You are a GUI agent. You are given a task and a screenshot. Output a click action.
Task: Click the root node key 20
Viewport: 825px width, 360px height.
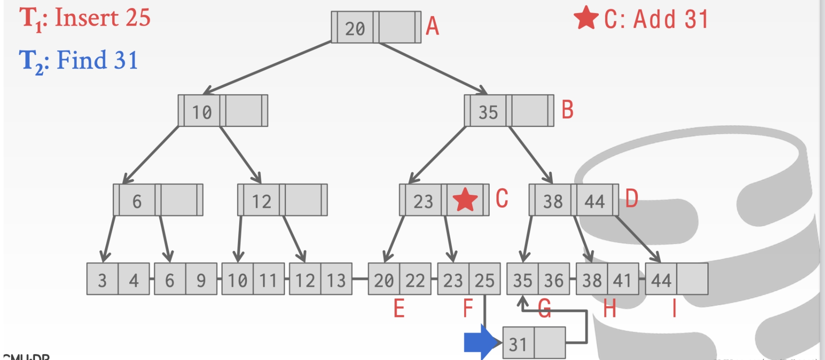pos(355,28)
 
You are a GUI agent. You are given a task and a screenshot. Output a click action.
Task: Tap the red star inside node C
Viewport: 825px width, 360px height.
pos(465,200)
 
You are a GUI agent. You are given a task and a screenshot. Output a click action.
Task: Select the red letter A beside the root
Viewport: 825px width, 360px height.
pos(432,26)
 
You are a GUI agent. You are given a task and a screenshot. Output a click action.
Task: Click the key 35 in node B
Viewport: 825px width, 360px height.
pos(488,112)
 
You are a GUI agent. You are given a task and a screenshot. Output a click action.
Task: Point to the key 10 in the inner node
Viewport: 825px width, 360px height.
pos(202,112)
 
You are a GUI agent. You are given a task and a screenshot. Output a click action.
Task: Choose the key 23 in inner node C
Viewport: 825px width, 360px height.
pos(423,201)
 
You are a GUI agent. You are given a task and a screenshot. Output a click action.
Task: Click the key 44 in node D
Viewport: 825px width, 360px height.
pos(594,201)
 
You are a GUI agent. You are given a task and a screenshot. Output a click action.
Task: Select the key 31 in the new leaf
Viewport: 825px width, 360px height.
pos(518,344)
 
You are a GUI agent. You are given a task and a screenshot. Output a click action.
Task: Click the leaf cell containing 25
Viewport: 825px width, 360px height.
pos(485,280)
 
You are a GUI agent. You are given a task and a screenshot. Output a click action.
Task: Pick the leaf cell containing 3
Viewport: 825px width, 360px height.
pos(102,280)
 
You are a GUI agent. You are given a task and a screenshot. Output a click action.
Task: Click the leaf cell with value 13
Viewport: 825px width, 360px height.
pos(336,280)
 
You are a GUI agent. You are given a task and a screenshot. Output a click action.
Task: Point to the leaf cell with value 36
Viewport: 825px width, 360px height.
pos(554,280)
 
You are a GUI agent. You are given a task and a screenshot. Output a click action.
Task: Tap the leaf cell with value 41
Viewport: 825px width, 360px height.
pos(623,280)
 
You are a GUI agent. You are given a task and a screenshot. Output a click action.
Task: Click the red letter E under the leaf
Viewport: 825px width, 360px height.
pos(399,309)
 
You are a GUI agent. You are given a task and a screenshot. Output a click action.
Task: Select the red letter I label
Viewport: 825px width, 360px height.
pos(674,309)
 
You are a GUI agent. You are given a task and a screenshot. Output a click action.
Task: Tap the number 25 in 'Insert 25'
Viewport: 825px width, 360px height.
pos(138,18)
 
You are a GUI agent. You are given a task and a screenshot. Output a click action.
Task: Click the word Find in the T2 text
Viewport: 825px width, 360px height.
pos(82,60)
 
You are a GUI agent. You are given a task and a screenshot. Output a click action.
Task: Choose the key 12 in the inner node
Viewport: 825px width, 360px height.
pos(261,201)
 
